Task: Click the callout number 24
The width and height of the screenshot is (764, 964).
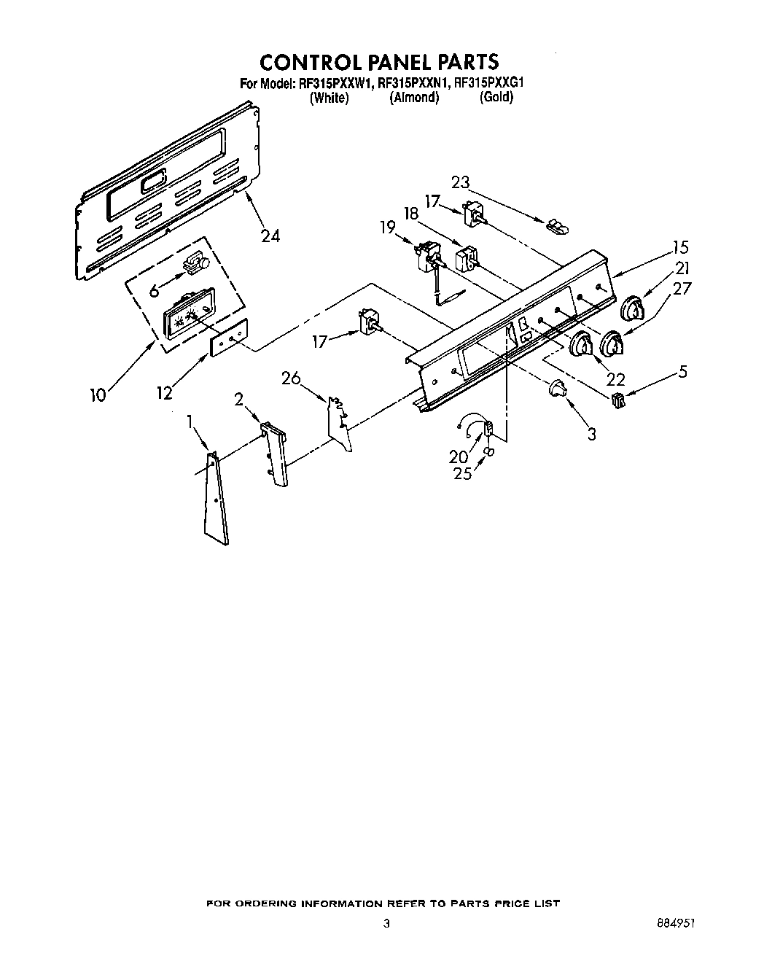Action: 270,236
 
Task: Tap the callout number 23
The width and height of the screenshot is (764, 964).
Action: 461,183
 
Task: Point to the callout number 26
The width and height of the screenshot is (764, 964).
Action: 291,378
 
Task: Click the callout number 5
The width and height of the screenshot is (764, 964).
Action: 682,371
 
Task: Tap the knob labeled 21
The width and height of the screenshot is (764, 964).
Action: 634,309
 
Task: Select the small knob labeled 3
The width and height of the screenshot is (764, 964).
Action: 558,389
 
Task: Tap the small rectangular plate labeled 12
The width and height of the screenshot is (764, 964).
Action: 229,338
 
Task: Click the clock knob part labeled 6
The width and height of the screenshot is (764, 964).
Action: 195,265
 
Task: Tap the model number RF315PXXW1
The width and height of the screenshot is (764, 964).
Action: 336,83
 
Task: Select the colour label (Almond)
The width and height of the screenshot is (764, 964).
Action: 414,98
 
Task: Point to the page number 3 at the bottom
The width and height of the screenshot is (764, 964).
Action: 386,922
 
